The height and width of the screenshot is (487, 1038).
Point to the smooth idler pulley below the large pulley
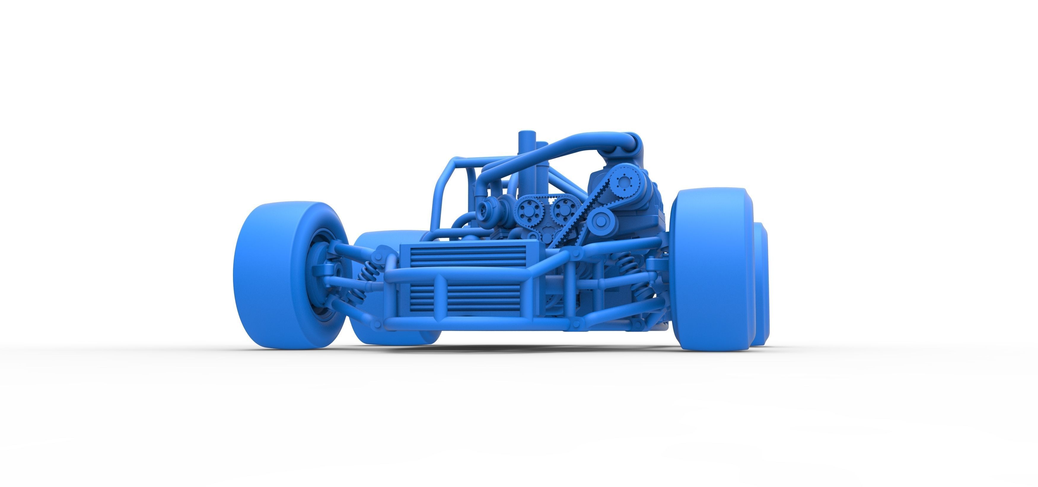pyautogui.click(x=600, y=221)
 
